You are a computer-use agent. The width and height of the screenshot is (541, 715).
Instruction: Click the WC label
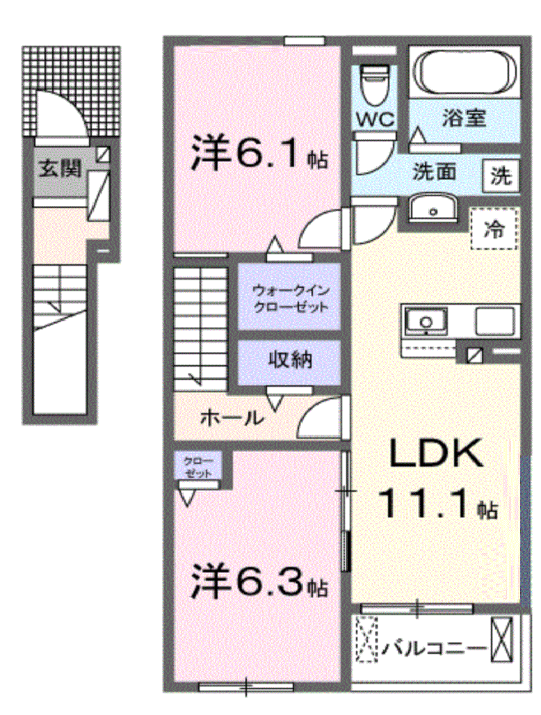pos(376,119)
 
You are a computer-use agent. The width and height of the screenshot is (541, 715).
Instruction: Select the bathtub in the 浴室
pos(467,72)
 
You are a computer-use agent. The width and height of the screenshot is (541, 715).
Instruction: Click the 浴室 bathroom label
pos(463,118)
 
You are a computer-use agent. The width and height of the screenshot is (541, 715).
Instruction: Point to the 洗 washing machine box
pos(501,176)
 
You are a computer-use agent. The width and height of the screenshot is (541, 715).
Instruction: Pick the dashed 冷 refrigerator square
pos(495,228)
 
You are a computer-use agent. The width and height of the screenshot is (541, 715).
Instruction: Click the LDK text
pos(435,455)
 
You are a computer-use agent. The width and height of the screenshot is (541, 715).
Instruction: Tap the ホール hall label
pos(232,419)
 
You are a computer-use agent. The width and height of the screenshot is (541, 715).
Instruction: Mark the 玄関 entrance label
pos(60,168)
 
